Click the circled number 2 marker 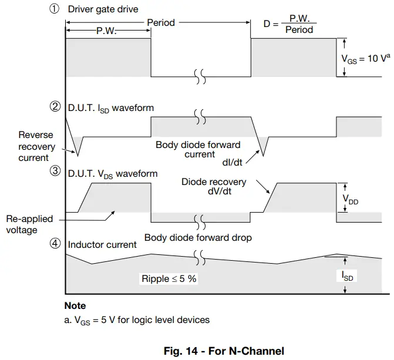(x=55, y=107)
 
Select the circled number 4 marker (x=55, y=244)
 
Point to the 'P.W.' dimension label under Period (x=106, y=31)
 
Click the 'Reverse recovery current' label (x=36, y=146)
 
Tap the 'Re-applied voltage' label (x=29, y=224)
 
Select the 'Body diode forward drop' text (x=198, y=238)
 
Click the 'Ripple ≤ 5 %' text (x=169, y=279)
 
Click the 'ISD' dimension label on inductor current (x=348, y=275)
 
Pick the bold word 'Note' (x=75, y=305)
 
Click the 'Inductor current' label (x=102, y=244)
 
